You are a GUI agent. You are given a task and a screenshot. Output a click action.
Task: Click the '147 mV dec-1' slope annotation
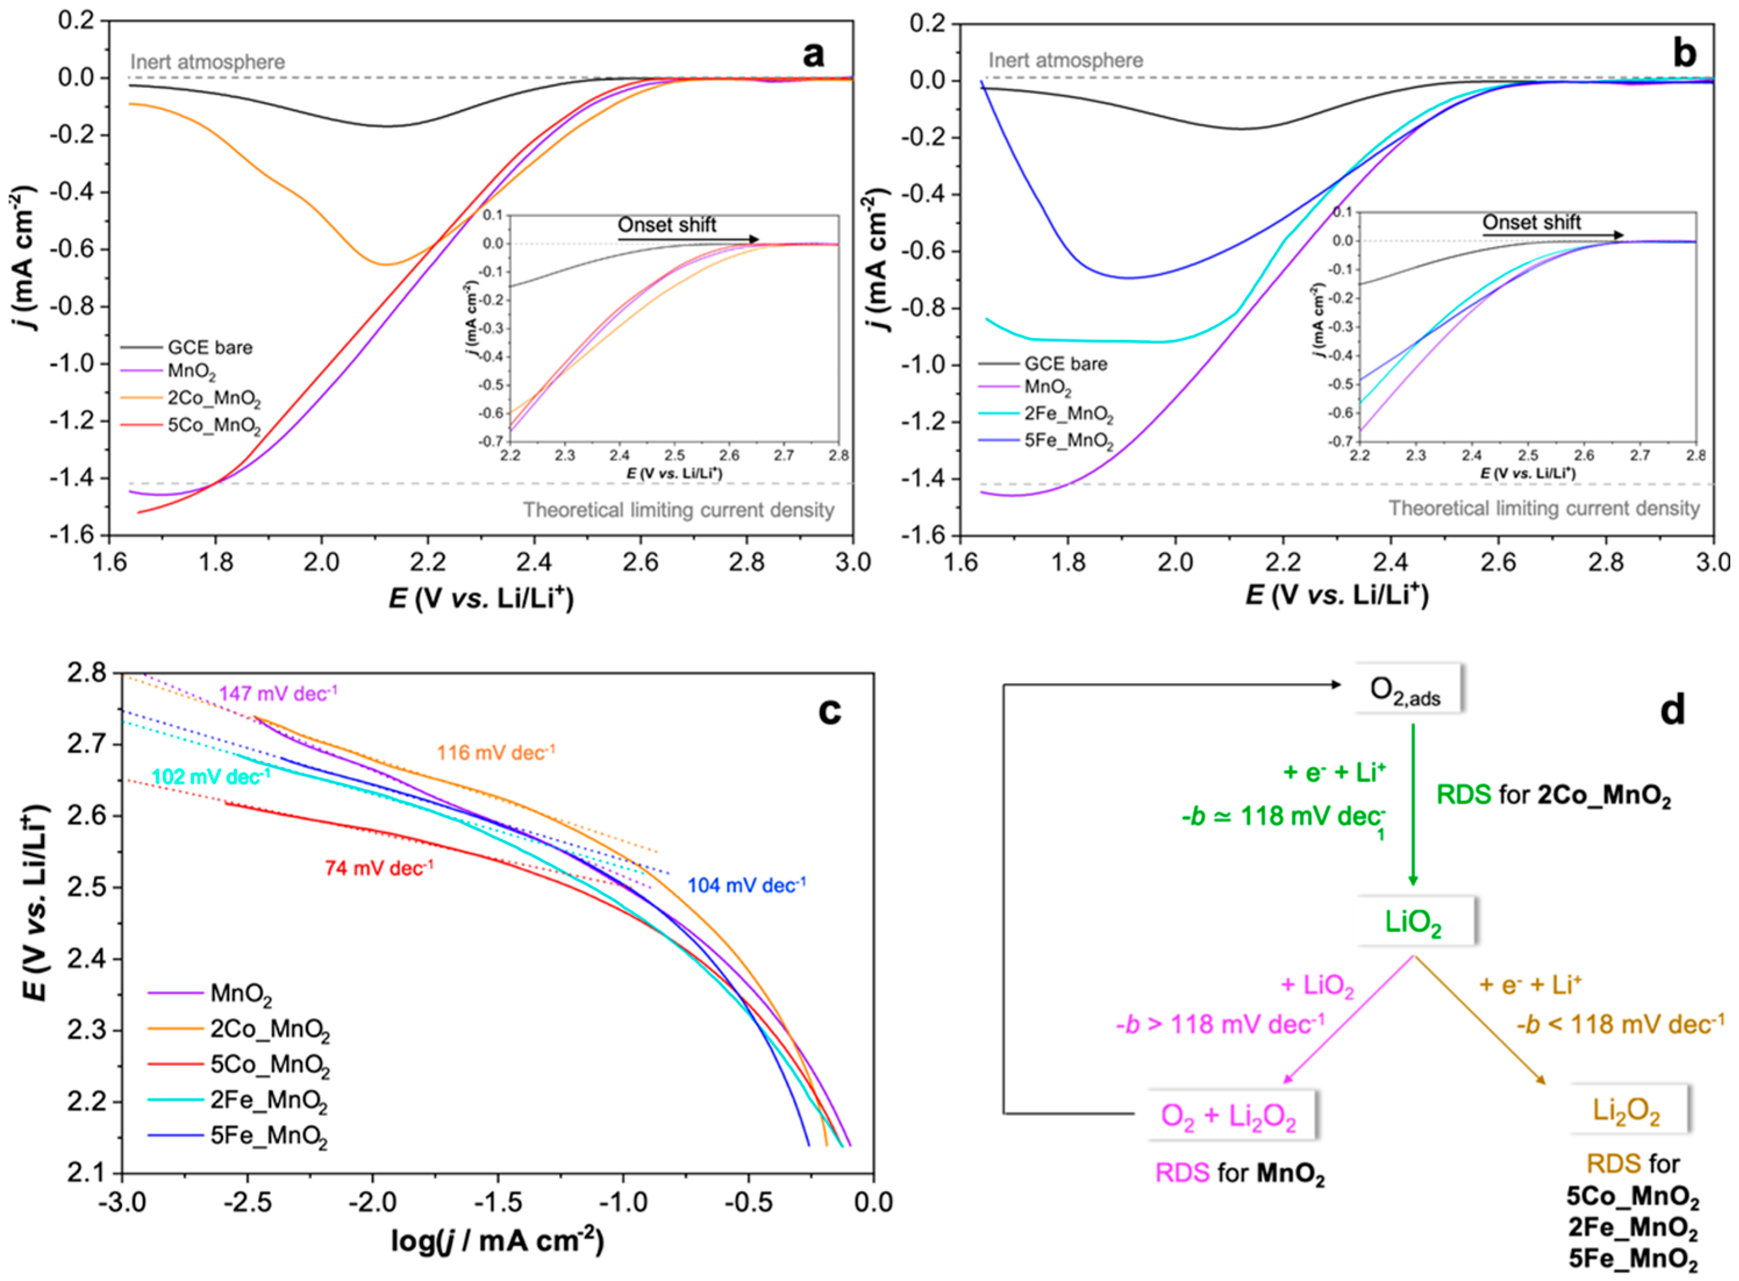[278, 693]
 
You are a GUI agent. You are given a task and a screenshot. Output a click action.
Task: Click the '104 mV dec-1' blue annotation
[746, 885]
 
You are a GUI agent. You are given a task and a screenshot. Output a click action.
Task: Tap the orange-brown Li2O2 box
[1626, 1110]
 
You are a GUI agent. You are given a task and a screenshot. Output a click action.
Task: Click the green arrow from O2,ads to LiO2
[1412, 807]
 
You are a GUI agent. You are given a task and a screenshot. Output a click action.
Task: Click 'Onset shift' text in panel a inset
[667, 225]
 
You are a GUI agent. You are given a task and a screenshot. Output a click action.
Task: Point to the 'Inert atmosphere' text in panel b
[1065, 60]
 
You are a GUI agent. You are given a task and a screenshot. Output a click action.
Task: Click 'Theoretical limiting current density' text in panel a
[678, 510]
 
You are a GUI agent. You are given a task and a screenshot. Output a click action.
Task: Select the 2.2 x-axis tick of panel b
[1283, 561]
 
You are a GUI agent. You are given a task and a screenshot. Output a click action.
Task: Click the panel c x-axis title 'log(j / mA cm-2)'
[497, 1241]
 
